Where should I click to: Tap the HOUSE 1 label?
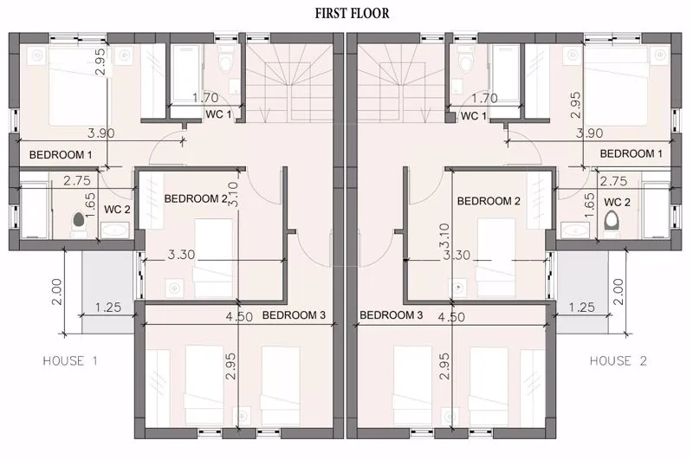coord(77,360)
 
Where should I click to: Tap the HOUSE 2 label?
coord(618,360)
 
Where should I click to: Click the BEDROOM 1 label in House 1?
coord(61,155)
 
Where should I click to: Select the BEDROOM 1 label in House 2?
coord(631,153)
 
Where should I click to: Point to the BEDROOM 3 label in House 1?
coord(294,314)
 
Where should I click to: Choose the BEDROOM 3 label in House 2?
coord(391,314)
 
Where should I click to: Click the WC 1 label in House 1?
coord(218,114)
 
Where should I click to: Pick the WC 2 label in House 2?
coord(617,202)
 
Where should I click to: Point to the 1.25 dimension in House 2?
coord(582,307)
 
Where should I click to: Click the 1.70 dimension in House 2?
coord(484,99)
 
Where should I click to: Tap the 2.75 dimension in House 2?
coord(613,181)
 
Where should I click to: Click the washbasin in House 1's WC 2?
coord(115,230)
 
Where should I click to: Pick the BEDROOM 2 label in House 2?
coord(489,201)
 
